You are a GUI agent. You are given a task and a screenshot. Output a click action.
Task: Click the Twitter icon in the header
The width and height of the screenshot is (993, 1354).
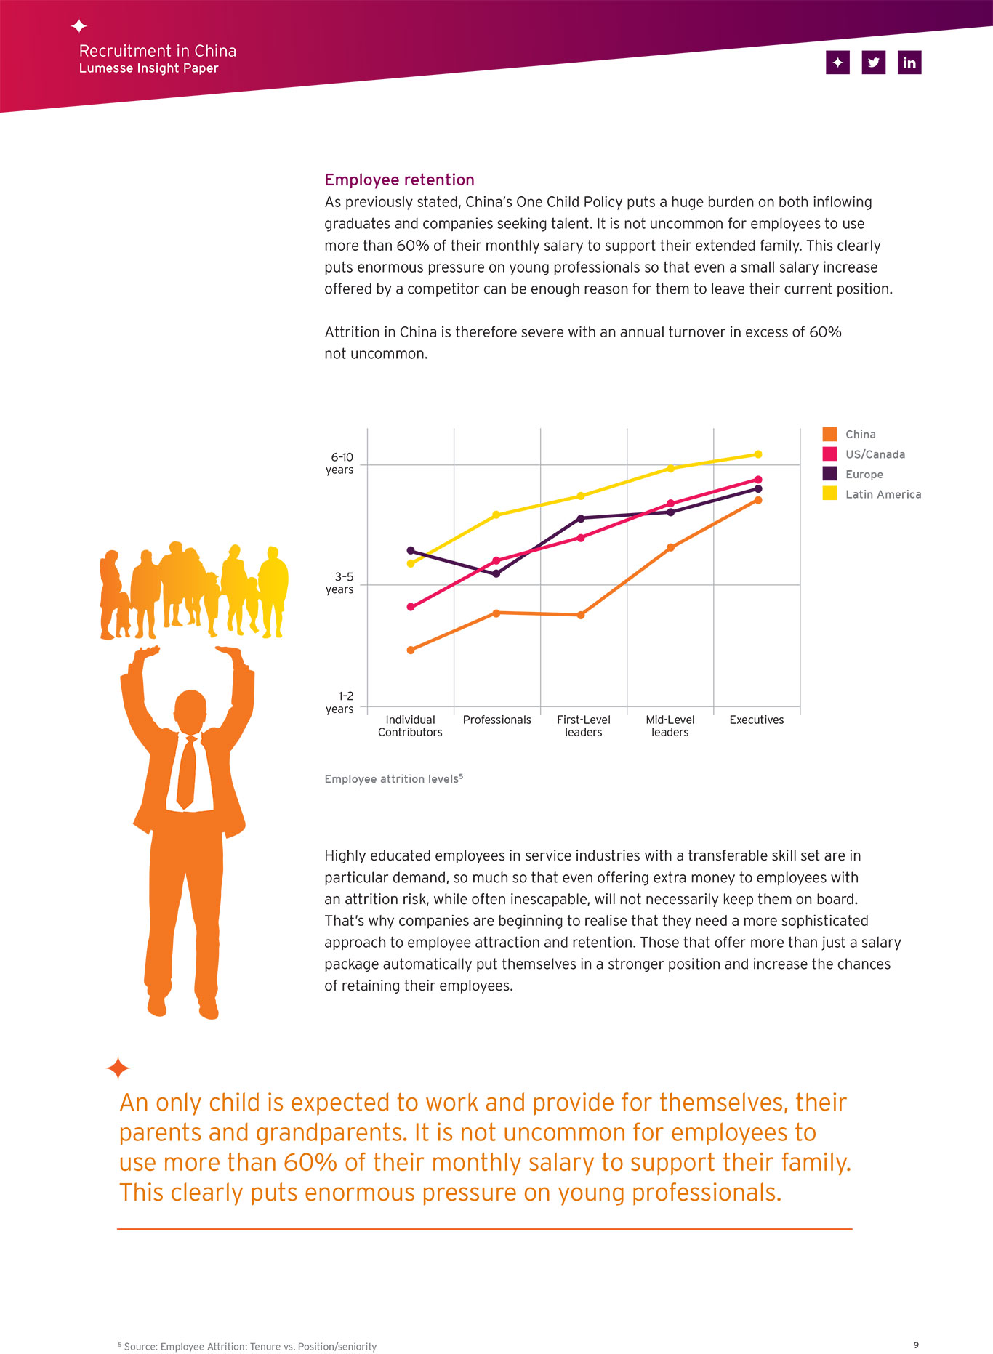pos(873,63)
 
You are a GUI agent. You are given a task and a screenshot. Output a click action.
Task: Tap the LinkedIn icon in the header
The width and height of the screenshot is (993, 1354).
pos(909,63)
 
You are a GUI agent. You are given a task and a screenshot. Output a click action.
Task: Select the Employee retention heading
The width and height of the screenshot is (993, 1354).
pos(399,180)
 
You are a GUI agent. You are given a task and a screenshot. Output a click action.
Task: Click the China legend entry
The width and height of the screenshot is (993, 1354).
pos(849,434)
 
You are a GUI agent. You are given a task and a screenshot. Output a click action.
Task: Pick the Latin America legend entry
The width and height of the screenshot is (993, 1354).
pos(872,494)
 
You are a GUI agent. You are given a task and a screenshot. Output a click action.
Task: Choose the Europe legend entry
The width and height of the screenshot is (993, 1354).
pos(853,474)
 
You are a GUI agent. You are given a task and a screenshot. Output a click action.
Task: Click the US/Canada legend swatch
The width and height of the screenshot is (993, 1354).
pos(829,454)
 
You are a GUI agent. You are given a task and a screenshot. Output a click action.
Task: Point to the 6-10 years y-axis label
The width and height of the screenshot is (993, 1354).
pos(340,463)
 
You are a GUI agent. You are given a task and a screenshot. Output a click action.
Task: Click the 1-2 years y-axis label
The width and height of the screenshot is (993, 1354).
pos(340,702)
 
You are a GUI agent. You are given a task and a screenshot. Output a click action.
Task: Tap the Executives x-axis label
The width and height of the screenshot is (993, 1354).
pos(757,720)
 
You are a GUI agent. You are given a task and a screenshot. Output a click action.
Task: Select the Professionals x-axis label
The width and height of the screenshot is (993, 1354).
pos(497,720)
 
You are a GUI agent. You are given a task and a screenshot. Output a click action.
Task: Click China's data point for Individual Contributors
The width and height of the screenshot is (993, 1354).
pos(411,650)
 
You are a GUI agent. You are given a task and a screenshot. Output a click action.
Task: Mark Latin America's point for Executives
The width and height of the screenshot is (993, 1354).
pos(758,454)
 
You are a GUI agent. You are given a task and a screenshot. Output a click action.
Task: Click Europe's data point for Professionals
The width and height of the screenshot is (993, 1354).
pos(496,573)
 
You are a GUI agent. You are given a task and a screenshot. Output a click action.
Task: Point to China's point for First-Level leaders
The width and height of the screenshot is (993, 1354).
pos(581,615)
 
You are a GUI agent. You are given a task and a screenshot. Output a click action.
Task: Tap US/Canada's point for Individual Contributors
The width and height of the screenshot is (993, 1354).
pos(411,607)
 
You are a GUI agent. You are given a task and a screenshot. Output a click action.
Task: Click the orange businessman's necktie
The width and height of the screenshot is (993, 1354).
pos(187,773)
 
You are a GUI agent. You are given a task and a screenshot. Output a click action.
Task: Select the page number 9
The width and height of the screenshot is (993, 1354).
pos(916,1345)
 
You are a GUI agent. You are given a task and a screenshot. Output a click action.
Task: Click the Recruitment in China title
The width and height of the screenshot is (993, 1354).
pos(158,51)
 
